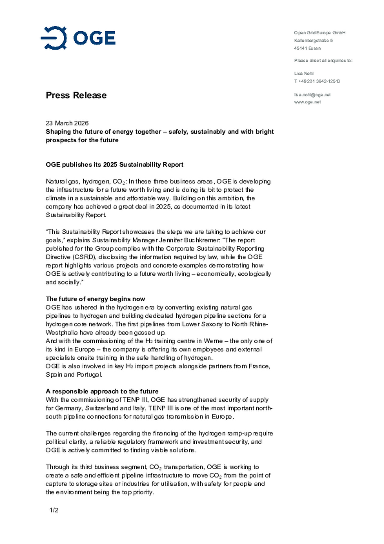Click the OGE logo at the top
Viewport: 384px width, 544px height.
coord(78,38)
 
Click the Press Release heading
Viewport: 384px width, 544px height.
coord(76,95)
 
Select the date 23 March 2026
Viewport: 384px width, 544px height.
coord(67,123)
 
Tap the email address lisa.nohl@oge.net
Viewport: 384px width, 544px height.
coord(312,95)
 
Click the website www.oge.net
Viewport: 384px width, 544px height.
coord(307,102)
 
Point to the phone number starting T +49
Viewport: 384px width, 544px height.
coord(317,81)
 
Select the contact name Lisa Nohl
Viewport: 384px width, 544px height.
coord(304,73)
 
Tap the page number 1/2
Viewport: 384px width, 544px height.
coord(54,510)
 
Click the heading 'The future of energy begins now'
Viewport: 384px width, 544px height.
coord(95,299)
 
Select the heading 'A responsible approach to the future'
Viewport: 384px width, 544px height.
coord(102,391)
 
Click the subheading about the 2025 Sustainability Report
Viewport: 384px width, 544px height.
coord(114,164)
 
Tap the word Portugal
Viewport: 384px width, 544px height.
coord(89,375)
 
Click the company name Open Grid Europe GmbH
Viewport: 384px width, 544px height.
coord(319,33)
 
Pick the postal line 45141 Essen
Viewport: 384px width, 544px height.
coord(307,48)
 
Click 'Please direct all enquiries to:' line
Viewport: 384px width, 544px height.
coord(323,61)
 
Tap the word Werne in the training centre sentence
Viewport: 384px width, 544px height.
coord(213,341)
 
